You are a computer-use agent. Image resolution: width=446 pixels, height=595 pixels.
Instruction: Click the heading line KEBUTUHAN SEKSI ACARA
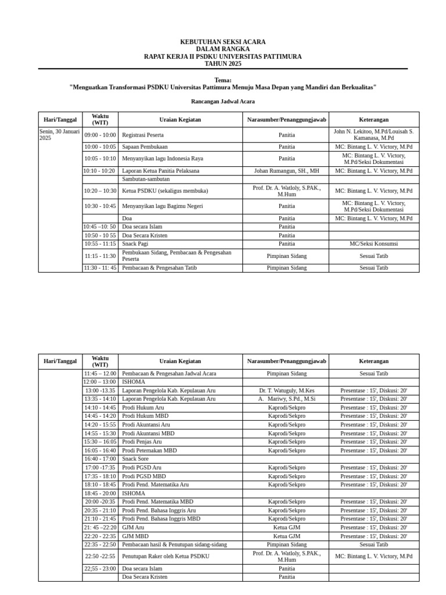coord(222,42)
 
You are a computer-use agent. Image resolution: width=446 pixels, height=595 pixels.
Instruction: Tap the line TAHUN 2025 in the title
coord(222,64)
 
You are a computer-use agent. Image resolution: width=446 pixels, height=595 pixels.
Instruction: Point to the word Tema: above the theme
coord(222,80)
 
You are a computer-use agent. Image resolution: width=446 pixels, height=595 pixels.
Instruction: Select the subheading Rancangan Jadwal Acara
coord(222,101)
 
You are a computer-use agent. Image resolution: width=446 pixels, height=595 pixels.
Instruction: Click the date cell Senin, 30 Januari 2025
coord(59,135)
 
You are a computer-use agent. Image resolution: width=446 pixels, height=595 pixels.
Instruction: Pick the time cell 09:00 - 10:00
coord(100,135)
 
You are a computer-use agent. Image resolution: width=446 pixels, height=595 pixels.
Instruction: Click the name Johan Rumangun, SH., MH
coord(286,171)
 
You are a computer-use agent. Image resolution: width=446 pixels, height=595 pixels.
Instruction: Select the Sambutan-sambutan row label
coord(146,180)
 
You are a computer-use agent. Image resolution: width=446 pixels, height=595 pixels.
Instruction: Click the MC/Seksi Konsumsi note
coord(373,244)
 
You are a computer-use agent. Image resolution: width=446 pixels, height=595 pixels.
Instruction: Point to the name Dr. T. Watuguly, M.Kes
coord(286,390)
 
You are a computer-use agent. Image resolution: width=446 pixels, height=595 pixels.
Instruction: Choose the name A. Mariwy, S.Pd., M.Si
coord(286,399)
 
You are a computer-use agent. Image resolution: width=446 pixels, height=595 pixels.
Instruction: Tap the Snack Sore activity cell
coord(135,459)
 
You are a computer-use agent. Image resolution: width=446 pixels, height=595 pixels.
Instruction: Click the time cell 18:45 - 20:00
coord(100,493)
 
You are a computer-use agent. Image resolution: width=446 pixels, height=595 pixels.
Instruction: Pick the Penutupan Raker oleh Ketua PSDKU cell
coord(166,556)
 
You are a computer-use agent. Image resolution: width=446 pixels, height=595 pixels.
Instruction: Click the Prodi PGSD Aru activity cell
coord(141,468)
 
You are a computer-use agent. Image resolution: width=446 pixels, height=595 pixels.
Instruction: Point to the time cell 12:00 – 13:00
coord(100,382)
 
